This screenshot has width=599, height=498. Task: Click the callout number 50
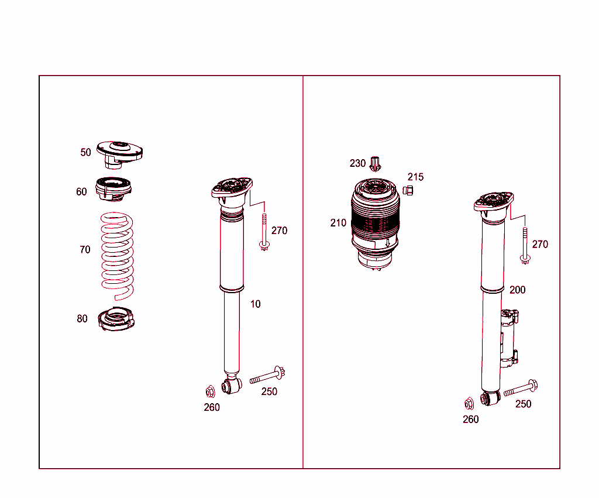point(85,153)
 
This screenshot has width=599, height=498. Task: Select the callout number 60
point(81,192)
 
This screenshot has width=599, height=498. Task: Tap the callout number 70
point(85,250)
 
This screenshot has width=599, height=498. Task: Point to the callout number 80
point(82,319)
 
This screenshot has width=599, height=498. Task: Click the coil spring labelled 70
point(116,252)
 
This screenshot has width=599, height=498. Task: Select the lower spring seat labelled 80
point(117,320)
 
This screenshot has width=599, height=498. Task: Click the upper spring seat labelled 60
point(115,188)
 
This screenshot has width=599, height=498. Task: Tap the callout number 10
point(256,304)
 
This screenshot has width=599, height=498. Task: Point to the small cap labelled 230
point(376,163)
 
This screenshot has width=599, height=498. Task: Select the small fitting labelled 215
point(409,190)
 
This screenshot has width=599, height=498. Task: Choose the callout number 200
point(518,290)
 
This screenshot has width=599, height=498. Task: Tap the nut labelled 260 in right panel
point(469,403)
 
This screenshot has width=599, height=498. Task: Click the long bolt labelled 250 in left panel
point(267,376)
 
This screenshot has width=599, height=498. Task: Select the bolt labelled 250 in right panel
point(520,388)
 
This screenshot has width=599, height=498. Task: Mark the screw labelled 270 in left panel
point(264,233)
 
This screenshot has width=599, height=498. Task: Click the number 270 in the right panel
point(540,245)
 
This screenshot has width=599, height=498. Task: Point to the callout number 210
point(338,223)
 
